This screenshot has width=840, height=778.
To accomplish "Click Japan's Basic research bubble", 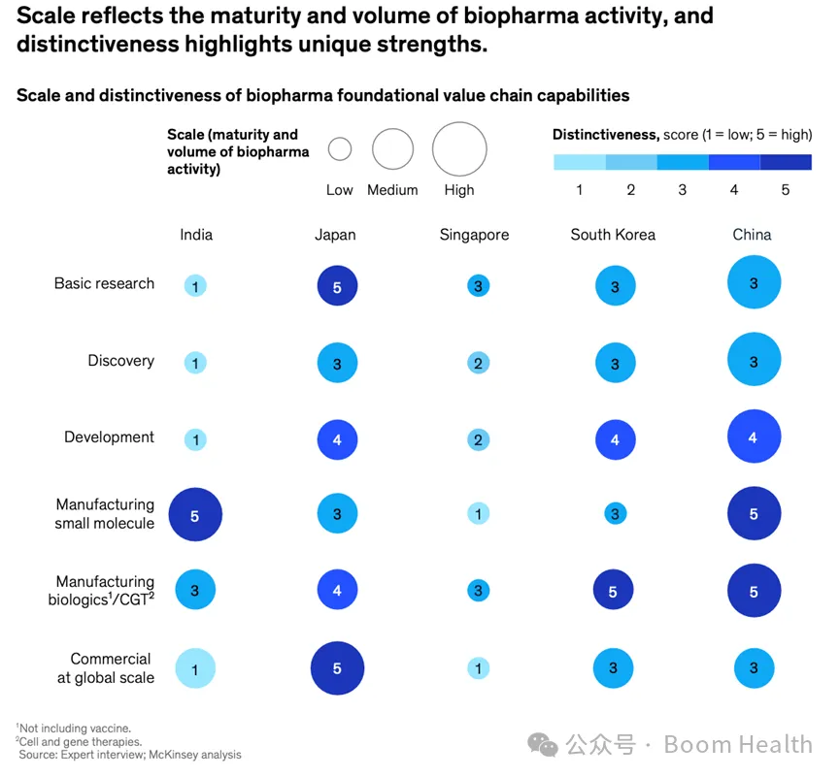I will click(x=337, y=286).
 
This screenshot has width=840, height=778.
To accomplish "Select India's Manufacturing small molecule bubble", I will click(x=195, y=515).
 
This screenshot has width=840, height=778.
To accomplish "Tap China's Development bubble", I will click(x=754, y=437).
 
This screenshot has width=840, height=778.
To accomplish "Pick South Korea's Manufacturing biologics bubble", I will click(x=614, y=590).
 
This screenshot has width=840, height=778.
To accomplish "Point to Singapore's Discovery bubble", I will click(x=478, y=363).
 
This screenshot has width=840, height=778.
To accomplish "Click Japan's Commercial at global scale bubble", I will click(x=337, y=668).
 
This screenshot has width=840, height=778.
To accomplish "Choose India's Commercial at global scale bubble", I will click(x=195, y=668).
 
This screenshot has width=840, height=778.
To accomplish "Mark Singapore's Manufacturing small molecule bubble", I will click(x=478, y=513).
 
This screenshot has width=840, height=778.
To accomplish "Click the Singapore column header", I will click(x=474, y=235).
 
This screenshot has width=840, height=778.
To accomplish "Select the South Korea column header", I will click(x=613, y=235).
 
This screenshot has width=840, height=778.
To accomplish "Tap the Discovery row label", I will click(x=120, y=361).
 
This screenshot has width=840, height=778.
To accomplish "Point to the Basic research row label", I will click(x=104, y=283).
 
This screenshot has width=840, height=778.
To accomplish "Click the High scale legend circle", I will click(x=459, y=149).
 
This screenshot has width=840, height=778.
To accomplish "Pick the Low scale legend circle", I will click(x=340, y=149).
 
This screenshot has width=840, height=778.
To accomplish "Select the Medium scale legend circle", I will click(x=392, y=149).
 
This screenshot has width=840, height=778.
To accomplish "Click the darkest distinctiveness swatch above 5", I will click(x=786, y=162).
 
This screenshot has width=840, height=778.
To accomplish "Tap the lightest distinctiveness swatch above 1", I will click(x=580, y=162).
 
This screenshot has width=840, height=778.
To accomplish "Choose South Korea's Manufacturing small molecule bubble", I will click(x=614, y=513).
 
